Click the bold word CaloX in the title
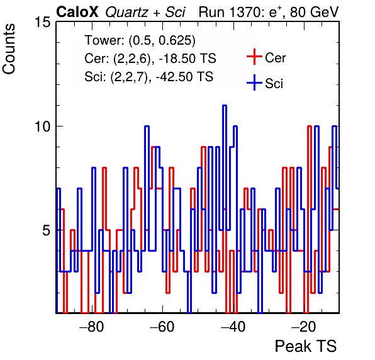[77, 12]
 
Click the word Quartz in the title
[126, 12]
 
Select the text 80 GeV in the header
[314, 12]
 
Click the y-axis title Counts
[9, 49]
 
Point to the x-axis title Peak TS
[305, 346]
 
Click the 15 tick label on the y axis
[43, 22]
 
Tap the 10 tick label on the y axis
[43, 127]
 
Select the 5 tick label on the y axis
[47, 230]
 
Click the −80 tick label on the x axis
[92, 327]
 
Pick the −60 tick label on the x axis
[162, 327]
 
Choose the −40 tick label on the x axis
[233, 327]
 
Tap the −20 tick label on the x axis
[304, 327]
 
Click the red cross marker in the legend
[254, 57]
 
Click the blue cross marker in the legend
[254, 82]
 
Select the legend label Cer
[275, 58]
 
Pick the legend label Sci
[274, 84]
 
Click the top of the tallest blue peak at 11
[225, 105]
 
